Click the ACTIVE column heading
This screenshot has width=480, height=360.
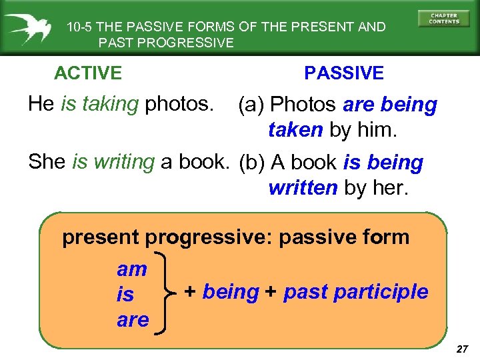pos(88,73)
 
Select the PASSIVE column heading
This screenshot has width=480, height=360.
pos(344,73)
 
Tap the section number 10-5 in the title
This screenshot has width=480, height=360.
pos(80,27)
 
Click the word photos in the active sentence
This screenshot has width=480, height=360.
pos(180,103)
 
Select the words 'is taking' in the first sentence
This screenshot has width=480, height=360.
pos(99,103)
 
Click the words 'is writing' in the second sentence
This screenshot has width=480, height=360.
pos(113,161)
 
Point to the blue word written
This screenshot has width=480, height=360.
pos(303,188)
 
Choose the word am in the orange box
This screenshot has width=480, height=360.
pos(132,269)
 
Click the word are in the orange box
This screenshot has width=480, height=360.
pos(133,320)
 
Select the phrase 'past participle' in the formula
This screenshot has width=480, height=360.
pos(355,292)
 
